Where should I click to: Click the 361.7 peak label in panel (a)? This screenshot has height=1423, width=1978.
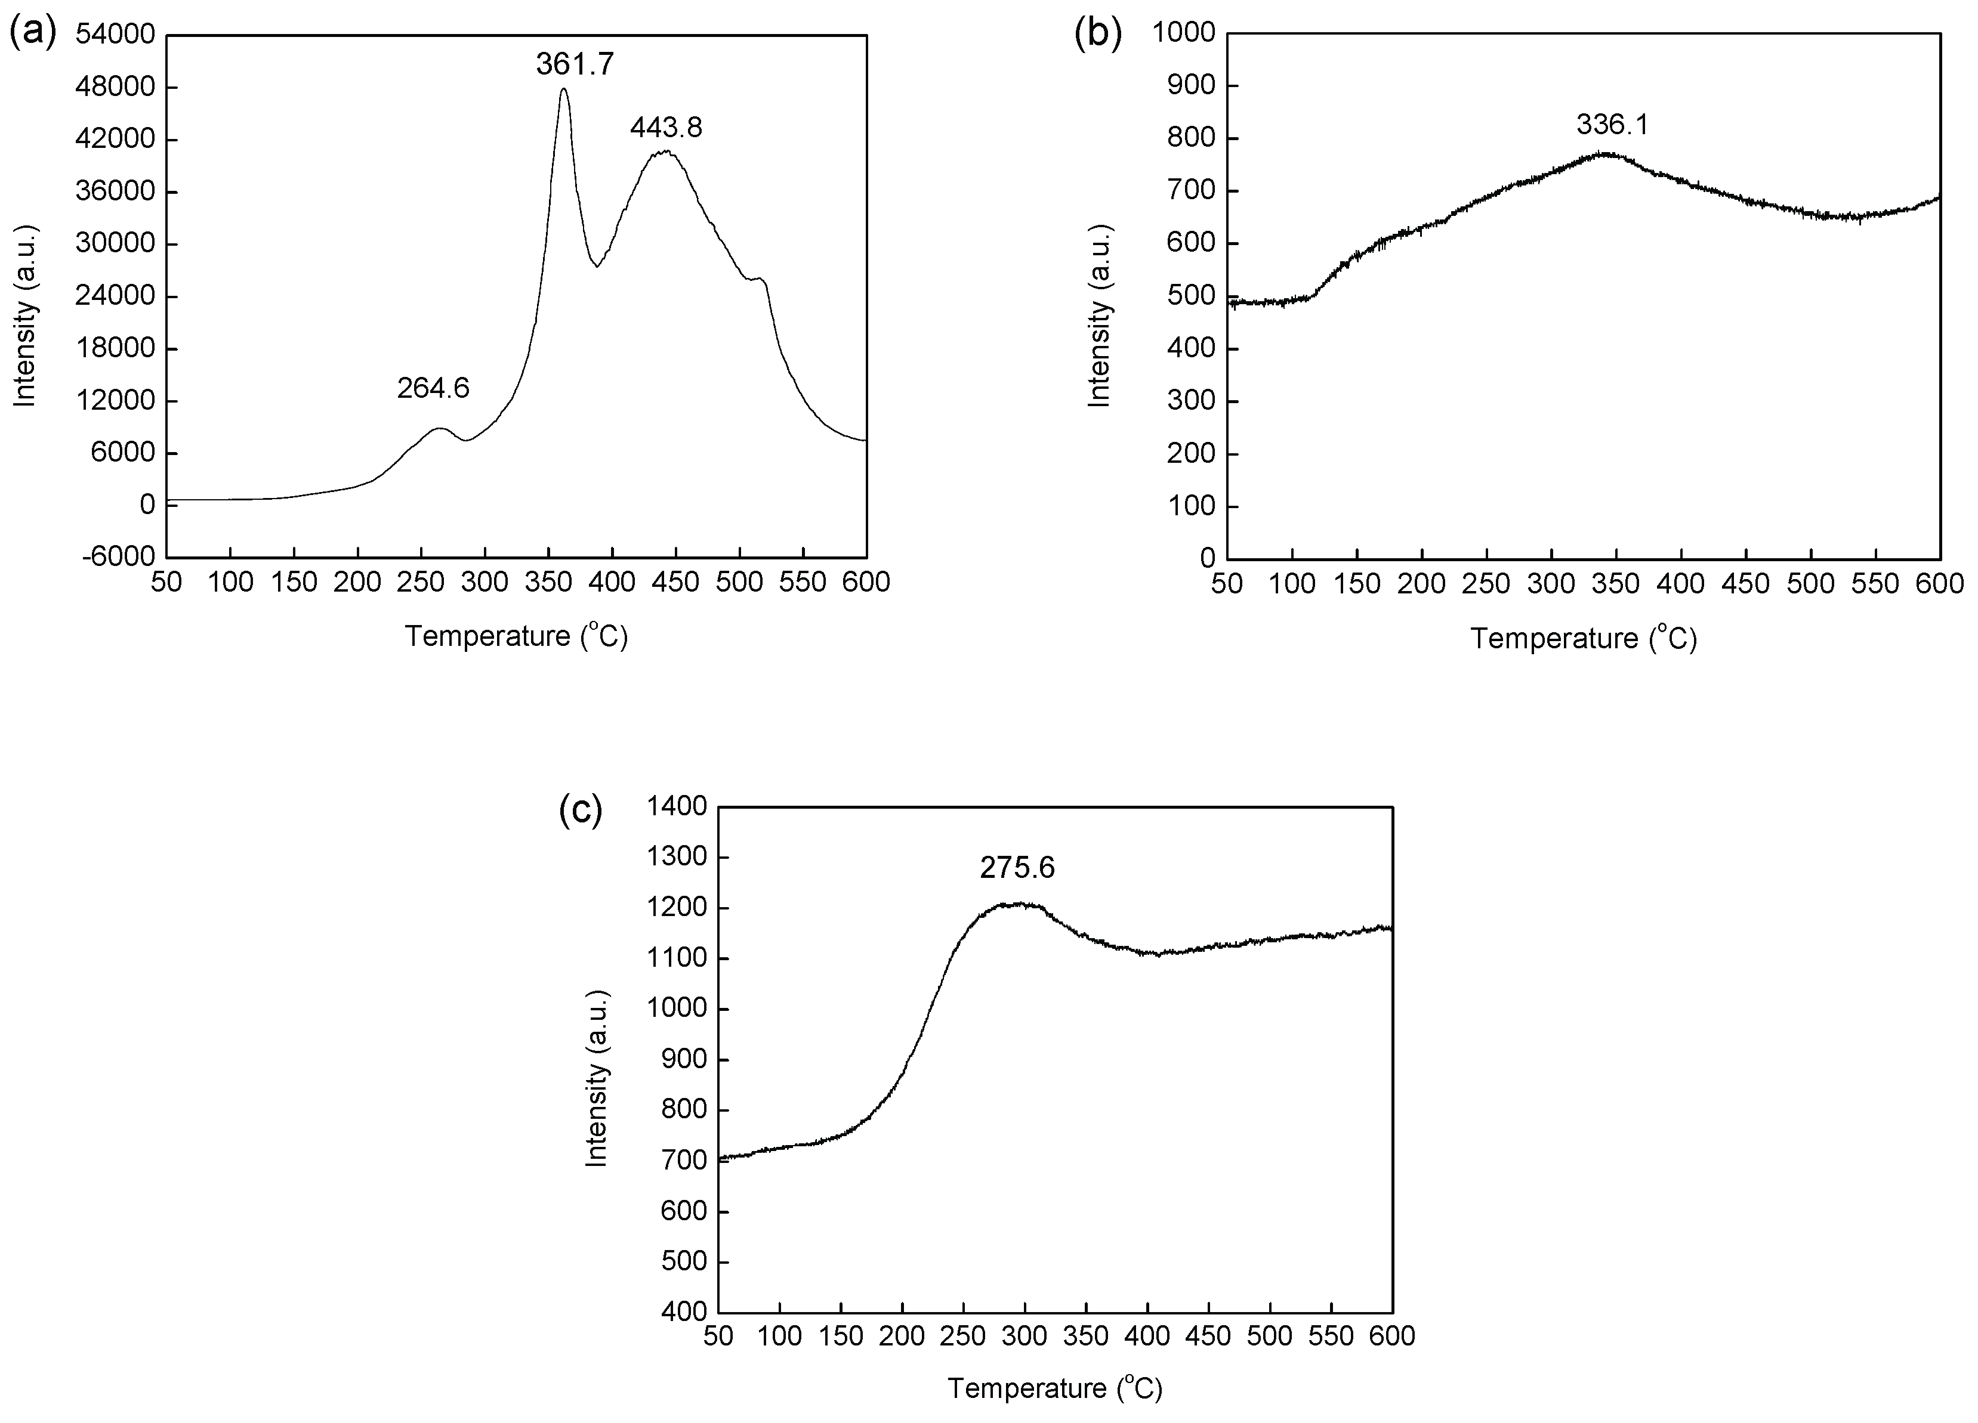[575, 64]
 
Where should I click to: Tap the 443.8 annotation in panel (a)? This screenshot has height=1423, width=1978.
[666, 128]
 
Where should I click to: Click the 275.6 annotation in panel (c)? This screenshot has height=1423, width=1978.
[1017, 868]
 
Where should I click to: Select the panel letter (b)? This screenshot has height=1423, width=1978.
[1097, 34]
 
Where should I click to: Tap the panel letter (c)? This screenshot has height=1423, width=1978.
[580, 810]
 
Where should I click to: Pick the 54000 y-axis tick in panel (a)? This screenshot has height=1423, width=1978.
[115, 35]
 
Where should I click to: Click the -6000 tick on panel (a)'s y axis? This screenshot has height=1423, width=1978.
[119, 557]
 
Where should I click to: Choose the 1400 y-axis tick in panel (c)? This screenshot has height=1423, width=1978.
[676, 806]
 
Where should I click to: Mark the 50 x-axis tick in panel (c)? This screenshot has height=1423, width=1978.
[718, 1337]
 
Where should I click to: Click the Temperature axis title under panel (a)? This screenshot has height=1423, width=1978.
[516, 636]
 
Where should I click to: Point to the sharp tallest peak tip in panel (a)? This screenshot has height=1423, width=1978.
[564, 88]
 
